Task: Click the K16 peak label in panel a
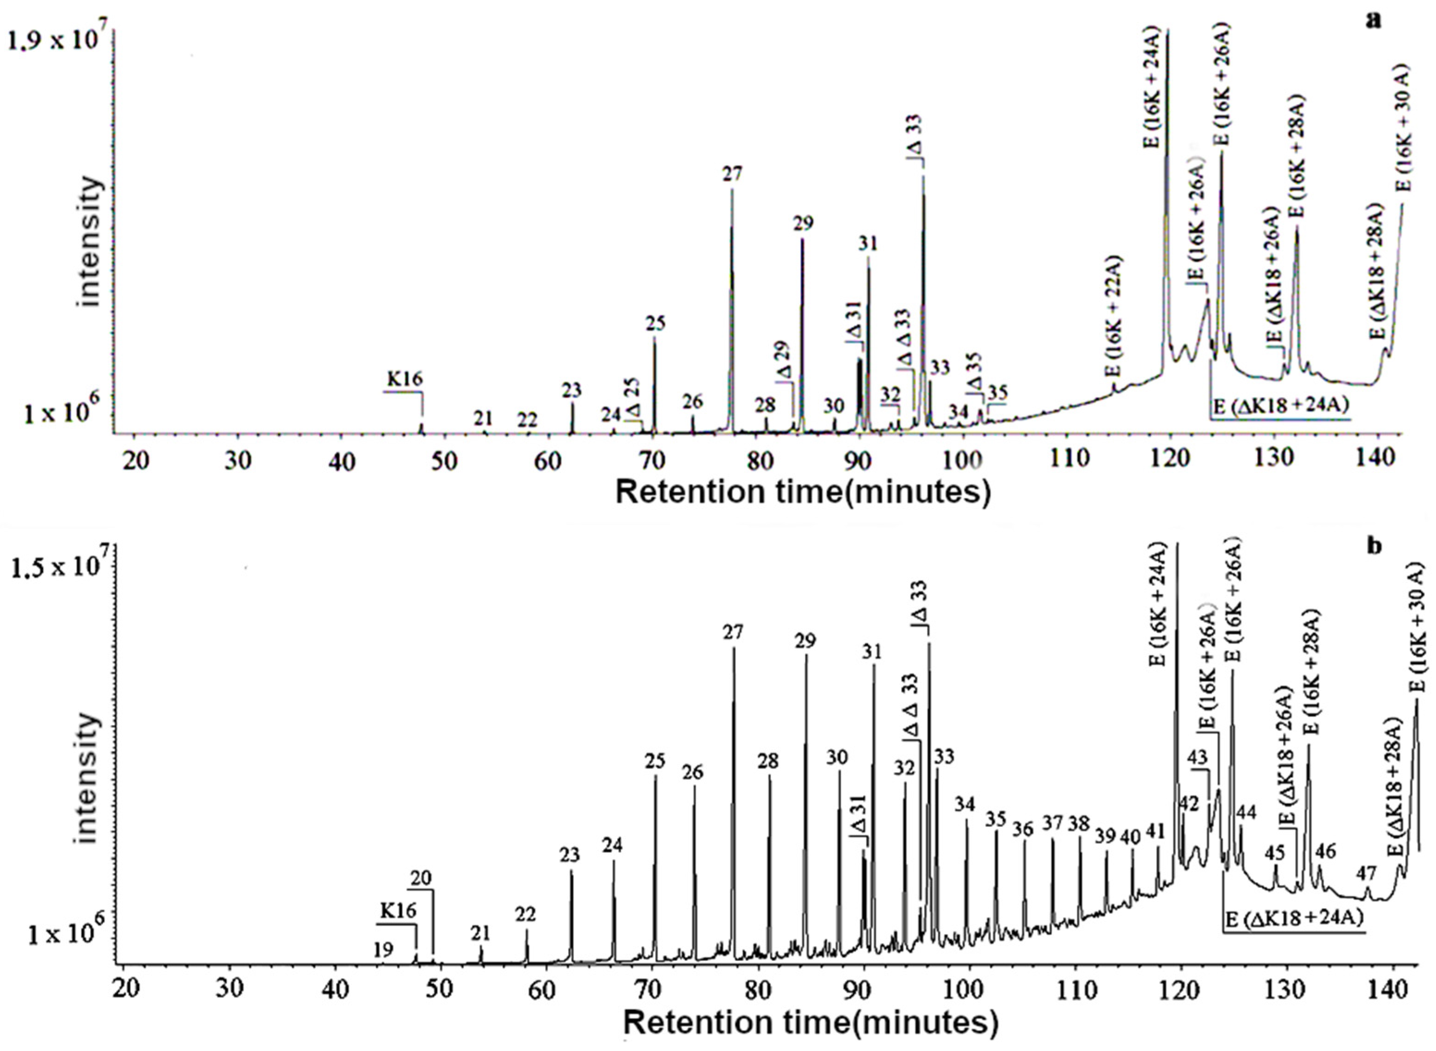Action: click(x=405, y=380)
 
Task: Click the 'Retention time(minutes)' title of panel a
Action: click(x=803, y=493)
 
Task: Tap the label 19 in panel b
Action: click(x=383, y=950)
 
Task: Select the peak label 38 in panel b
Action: click(x=1079, y=824)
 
